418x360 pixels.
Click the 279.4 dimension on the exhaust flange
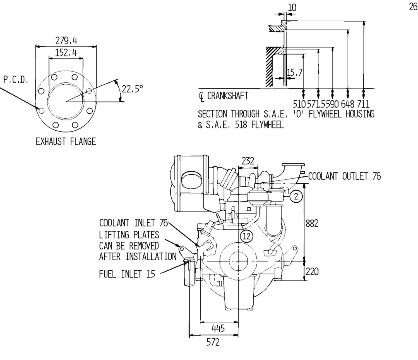(66, 40)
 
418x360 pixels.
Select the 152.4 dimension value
(66, 53)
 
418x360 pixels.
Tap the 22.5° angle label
(132, 89)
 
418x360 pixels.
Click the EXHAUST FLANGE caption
(66, 142)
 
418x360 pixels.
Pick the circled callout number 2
(295, 196)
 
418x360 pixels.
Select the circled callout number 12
(247, 236)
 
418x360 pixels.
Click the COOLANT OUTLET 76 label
(344, 176)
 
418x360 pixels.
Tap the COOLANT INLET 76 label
(134, 223)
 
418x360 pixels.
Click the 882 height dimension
(312, 223)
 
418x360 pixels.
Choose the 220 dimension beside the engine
(312, 272)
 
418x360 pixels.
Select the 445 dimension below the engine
(218, 328)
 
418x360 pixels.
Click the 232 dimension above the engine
(248, 161)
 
